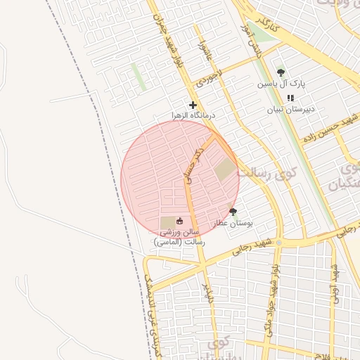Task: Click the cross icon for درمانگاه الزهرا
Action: [x=193, y=105]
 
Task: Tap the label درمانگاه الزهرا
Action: [x=193, y=115]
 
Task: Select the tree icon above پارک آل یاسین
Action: [x=281, y=72]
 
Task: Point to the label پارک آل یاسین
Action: [x=281, y=84]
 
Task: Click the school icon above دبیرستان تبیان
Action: [x=290, y=98]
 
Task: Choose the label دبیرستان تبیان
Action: [x=290, y=109]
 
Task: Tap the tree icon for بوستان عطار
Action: [x=233, y=212]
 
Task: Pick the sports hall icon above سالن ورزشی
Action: [x=179, y=221]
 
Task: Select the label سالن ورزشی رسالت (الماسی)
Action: [x=179, y=236]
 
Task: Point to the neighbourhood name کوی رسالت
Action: [x=267, y=172]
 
